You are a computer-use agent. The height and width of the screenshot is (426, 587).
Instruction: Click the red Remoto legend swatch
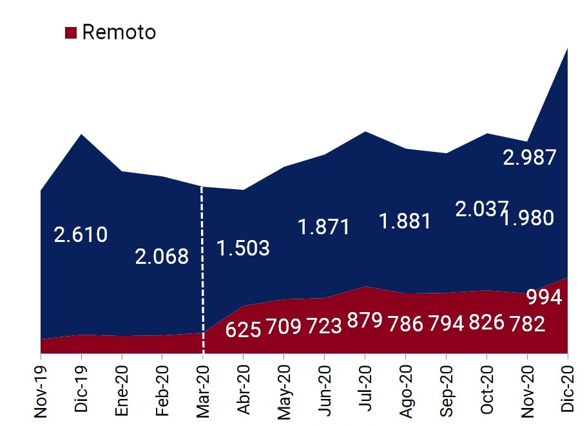[x=72, y=32]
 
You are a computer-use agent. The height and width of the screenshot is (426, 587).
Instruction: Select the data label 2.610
[x=81, y=235]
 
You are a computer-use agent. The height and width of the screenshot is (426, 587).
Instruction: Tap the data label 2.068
[x=162, y=257]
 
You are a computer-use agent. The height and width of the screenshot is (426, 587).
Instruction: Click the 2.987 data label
[x=529, y=158]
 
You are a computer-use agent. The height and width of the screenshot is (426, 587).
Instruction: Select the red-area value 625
[x=243, y=329]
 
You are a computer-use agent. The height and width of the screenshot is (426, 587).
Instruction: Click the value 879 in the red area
[x=365, y=320]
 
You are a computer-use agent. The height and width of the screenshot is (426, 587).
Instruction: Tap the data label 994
[x=544, y=297]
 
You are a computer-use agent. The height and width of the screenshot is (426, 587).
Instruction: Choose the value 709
[x=283, y=326]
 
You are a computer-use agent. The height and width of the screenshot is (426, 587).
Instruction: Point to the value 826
[x=486, y=322]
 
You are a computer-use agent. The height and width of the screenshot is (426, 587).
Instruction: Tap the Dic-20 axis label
[x=568, y=387]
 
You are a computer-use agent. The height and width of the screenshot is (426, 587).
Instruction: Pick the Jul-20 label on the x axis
[x=365, y=386]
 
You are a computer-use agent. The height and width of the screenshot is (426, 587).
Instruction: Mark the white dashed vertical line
[x=202, y=270]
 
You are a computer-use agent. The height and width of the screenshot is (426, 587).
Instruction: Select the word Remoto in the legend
[x=119, y=32]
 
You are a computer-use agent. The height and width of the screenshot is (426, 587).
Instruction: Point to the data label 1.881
[x=405, y=221]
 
